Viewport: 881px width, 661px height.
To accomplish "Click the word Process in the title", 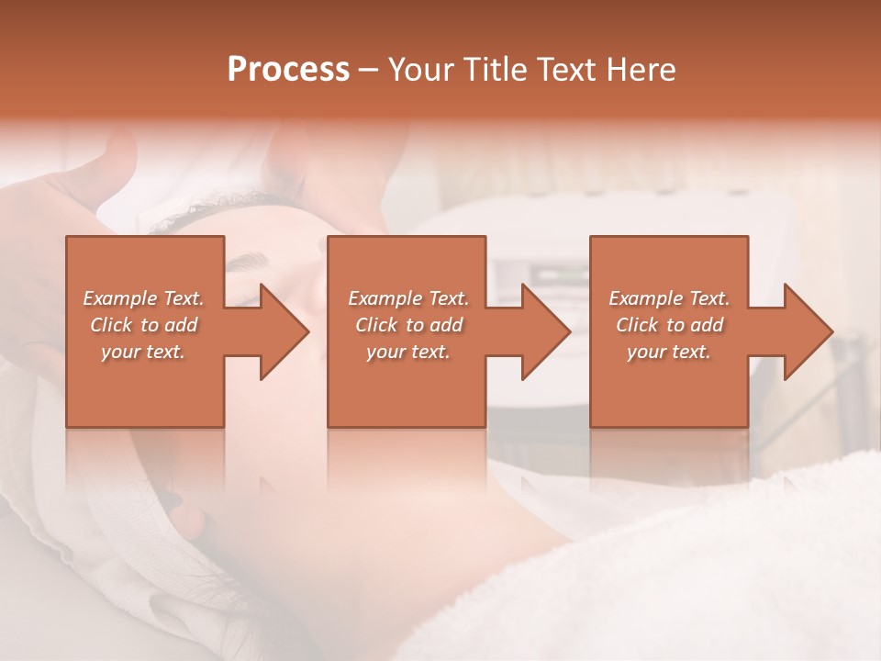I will [x=288, y=70].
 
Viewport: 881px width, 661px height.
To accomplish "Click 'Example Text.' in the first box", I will [x=144, y=298].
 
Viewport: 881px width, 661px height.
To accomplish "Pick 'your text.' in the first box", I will [x=144, y=352].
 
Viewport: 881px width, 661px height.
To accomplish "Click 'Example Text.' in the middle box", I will [x=408, y=298].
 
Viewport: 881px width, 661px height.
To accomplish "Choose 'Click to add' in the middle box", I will [x=408, y=325].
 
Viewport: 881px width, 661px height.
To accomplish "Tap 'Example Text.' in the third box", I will [x=669, y=298].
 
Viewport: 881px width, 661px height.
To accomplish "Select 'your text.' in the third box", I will [x=669, y=352].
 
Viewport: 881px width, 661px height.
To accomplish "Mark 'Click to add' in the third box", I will [x=669, y=325].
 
